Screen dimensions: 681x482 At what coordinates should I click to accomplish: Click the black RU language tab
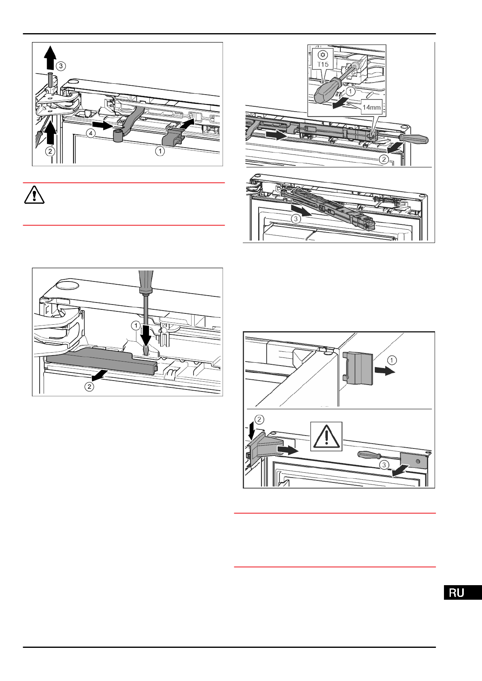(x=463, y=592)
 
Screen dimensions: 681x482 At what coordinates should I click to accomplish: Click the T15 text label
(x=323, y=64)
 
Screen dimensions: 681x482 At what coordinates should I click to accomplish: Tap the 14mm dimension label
(x=371, y=108)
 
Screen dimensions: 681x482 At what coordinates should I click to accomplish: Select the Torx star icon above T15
(x=323, y=55)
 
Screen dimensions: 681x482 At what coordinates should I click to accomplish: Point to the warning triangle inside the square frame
(x=326, y=436)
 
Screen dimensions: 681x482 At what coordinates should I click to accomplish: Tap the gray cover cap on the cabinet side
(x=359, y=368)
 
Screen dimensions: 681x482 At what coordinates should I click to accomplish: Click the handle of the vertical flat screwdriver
(x=146, y=281)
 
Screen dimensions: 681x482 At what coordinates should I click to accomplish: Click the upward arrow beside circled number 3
(x=50, y=57)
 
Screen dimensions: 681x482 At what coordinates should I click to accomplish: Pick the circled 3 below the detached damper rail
(x=296, y=219)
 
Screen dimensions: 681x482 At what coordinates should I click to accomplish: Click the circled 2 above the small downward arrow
(x=259, y=419)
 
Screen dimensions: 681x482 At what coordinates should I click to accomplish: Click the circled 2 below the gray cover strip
(x=89, y=387)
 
